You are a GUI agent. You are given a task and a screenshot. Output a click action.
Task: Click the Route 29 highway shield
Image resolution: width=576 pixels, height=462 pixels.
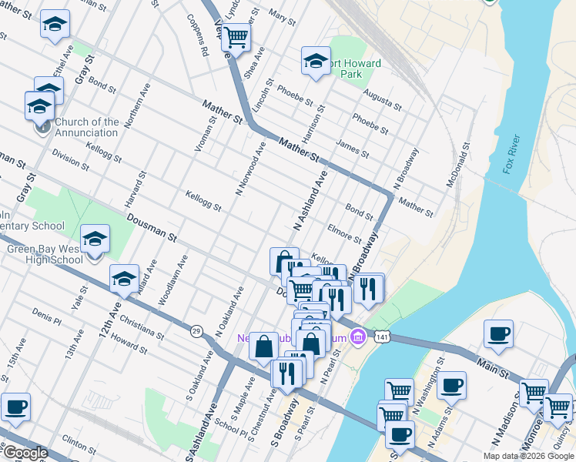(196, 330)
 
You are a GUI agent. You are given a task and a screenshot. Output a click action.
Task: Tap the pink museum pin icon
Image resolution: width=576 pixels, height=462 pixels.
(357, 336)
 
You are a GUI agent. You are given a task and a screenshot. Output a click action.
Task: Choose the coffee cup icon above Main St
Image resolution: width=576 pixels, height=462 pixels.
(498, 334)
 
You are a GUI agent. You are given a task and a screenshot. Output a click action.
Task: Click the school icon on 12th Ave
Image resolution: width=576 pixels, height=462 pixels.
(123, 280)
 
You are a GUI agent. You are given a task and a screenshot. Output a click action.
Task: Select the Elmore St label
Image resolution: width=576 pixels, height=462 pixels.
(344, 233)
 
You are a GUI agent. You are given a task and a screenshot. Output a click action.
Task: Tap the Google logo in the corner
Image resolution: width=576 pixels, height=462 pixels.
(25, 453)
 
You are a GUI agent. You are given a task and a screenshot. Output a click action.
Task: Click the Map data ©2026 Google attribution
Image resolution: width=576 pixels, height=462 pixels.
(528, 456)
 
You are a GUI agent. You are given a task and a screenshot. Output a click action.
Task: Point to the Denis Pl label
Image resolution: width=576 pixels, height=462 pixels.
(47, 315)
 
